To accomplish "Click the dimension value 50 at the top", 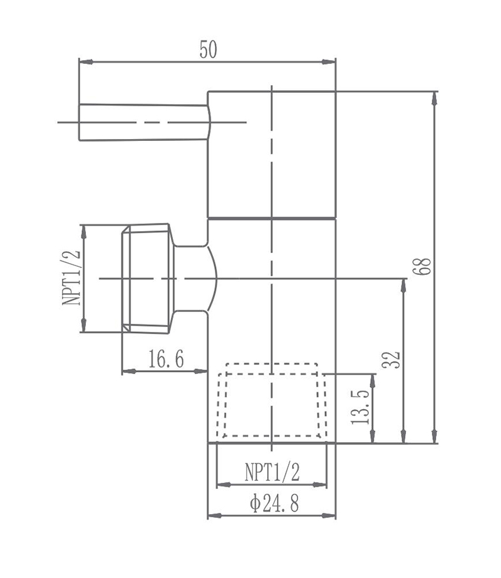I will [209, 49].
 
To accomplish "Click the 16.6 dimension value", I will [166, 359].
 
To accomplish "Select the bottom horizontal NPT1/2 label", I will [272, 472].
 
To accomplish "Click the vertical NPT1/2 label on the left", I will [71, 277].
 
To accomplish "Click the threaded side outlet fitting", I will [147, 277].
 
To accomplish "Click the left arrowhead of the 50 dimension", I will [84, 61].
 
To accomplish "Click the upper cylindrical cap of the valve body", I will [271, 153].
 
